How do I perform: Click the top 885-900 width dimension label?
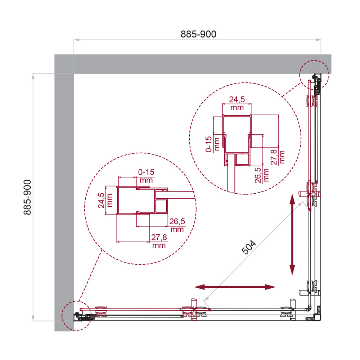pyautogui.click(x=198, y=34)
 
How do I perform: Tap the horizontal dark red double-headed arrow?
pyautogui.click(x=235, y=287)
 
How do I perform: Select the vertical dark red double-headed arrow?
pyautogui.click(x=292, y=234)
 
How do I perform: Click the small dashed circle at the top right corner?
pyautogui.click(x=315, y=75)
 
